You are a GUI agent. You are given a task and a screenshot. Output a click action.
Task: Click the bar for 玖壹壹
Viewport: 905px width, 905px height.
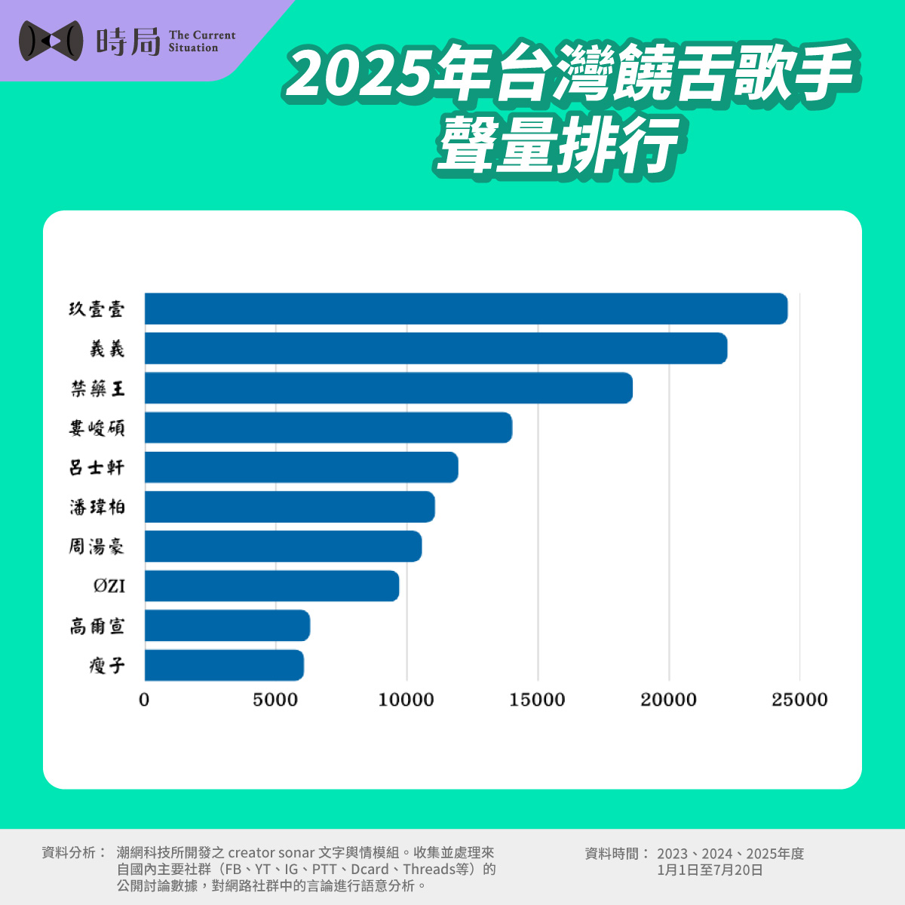[x=465, y=308]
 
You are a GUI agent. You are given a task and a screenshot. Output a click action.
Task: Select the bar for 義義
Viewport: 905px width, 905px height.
[x=435, y=348]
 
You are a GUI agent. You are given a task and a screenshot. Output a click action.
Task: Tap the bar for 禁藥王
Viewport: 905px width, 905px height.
[x=388, y=388]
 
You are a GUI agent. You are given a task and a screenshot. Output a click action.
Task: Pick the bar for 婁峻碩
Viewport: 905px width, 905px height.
[x=328, y=428]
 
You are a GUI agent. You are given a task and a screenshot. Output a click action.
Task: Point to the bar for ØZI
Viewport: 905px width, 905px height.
[x=271, y=586]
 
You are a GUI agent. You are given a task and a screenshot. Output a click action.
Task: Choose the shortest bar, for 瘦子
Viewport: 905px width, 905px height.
[x=224, y=665]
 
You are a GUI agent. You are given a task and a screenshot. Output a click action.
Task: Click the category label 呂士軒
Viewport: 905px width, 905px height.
[x=97, y=468]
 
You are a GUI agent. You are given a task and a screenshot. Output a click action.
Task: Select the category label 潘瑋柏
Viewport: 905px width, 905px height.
[x=97, y=507]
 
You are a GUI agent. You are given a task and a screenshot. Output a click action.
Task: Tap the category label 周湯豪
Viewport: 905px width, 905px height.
[x=97, y=546]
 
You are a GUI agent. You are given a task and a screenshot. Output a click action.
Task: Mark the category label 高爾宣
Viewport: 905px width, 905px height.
[x=97, y=626]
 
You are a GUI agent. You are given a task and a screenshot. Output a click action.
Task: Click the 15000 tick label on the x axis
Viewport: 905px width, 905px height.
[x=537, y=700]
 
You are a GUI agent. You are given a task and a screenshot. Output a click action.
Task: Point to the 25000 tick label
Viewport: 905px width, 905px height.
[x=799, y=700]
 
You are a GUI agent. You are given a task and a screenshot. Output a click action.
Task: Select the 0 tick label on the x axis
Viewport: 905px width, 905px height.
[x=144, y=700]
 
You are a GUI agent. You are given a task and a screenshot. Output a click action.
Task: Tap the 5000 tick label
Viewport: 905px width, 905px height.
[x=275, y=700]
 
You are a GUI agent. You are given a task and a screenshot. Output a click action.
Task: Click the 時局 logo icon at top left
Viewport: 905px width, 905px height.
[x=51, y=40]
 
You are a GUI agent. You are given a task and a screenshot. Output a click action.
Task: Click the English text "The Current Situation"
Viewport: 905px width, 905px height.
[x=201, y=41]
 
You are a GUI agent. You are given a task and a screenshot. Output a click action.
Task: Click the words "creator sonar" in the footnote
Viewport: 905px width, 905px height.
[x=271, y=853]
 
